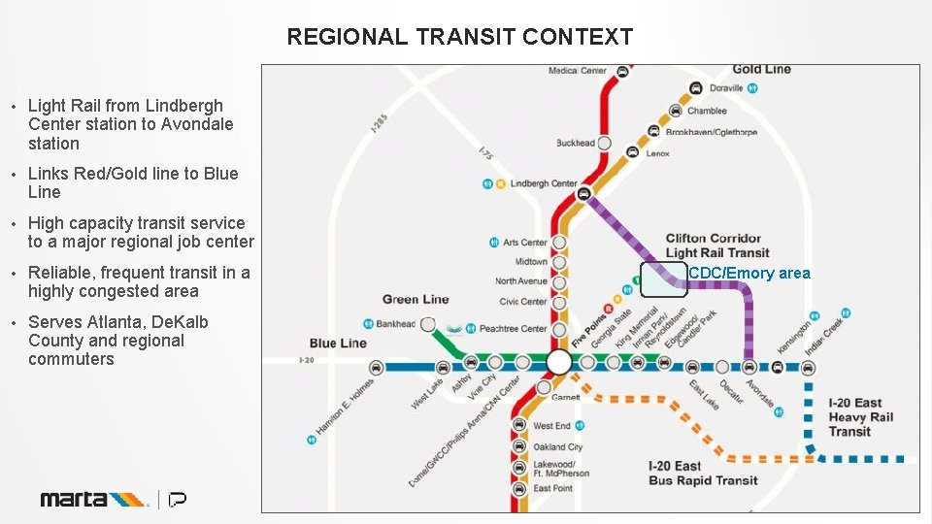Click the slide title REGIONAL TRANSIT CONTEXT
459,37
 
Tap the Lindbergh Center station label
543,183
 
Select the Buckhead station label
575,143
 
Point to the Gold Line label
761,69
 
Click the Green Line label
416,300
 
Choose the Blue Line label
338,343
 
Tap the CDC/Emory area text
749,274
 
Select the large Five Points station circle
559,363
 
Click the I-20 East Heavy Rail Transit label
860,417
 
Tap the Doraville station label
725,88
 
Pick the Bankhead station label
395,324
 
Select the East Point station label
552,488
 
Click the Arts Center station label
525,243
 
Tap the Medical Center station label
577,71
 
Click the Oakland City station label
557,447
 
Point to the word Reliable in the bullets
62,273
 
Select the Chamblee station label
707,111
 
